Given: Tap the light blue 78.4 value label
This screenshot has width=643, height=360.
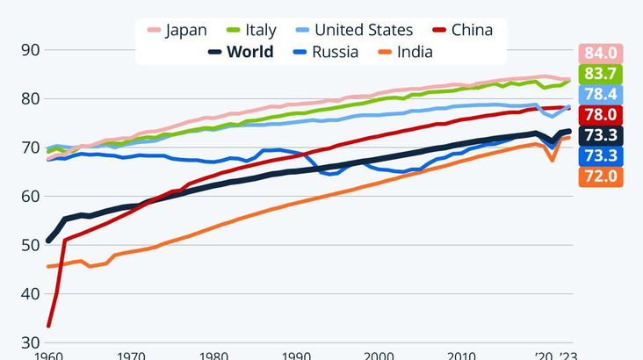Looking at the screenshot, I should (x=600, y=94).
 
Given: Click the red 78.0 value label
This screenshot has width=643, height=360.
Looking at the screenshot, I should (x=600, y=115).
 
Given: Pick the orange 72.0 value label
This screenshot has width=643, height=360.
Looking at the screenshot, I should (x=600, y=176).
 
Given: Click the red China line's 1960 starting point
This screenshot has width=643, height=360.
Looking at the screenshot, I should (x=47, y=327).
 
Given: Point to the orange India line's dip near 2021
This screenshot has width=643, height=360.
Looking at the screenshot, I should (x=553, y=160).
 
